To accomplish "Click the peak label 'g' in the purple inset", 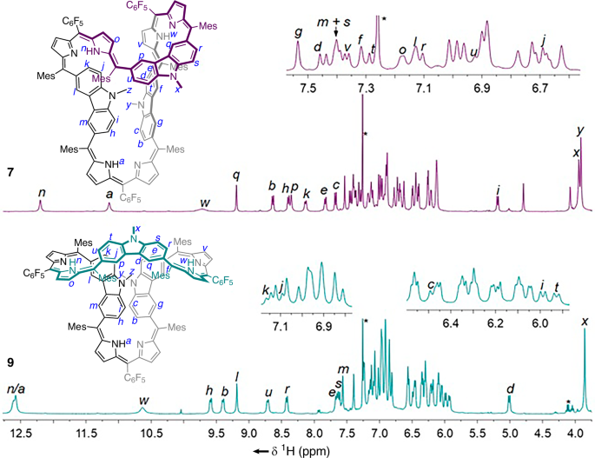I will [x=298, y=32].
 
